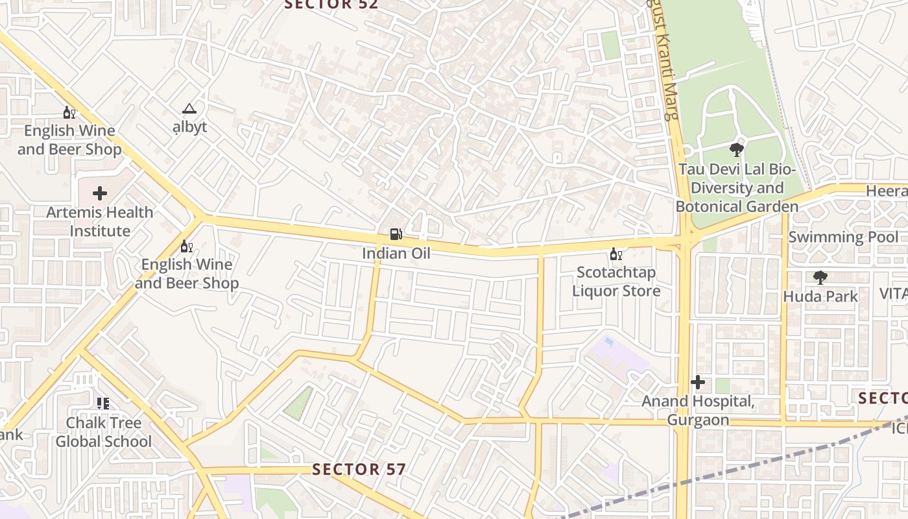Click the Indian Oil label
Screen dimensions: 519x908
pos(396,253)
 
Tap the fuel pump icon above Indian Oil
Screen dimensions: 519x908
pos(396,234)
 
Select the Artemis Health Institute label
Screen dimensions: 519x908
pos(100,221)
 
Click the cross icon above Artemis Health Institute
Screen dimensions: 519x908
pos(100,193)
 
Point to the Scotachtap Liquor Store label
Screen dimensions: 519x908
pos(615,282)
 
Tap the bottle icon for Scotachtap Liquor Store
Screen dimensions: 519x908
pos(615,254)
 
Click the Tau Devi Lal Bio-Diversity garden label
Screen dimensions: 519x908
pos(737,188)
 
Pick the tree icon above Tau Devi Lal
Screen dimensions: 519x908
pos(736,151)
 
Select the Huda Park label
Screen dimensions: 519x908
pos(820,296)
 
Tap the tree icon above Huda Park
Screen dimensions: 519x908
pos(820,278)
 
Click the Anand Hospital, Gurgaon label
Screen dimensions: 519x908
pos(698,411)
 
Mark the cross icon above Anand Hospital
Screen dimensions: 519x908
pos(698,383)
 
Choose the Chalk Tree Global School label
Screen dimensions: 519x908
pos(103,432)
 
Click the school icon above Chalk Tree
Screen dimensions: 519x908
pos(103,404)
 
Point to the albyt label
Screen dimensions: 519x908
pos(189,127)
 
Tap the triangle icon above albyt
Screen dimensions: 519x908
pos(189,108)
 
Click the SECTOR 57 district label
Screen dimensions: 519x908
pos(359,469)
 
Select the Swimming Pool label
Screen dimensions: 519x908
pos(843,237)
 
